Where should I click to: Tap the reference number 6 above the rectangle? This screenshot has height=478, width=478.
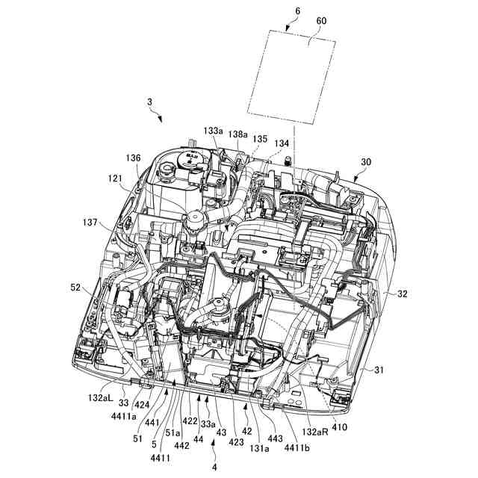click(x=277, y=11)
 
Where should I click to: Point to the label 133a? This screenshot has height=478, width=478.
click(x=214, y=130)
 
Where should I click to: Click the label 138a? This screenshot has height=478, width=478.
click(x=238, y=134)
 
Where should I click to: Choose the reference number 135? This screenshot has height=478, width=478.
click(x=259, y=138)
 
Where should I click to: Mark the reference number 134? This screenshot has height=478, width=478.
click(x=282, y=143)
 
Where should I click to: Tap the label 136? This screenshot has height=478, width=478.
click(x=133, y=158)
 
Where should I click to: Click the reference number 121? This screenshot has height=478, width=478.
click(x=114, y=179)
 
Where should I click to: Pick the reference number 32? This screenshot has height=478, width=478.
click(x=403, y=294)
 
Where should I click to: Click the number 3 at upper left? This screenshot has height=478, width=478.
click(x=149, y=102)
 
